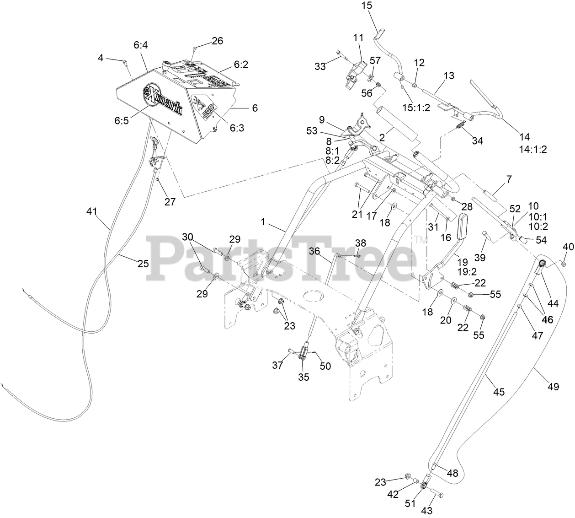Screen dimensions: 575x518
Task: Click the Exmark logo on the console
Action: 163,98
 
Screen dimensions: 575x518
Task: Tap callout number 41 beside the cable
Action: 92,211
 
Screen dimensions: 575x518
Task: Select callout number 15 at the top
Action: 367,6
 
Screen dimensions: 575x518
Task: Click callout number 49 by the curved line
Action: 553,387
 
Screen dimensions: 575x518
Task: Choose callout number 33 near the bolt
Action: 320,66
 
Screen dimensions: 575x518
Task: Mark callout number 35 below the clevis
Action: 303,377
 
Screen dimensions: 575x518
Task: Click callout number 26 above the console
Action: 217,41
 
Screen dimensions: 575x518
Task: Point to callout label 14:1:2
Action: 533,149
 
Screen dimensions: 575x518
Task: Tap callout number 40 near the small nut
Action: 568,247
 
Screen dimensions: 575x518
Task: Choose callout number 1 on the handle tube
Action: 263,221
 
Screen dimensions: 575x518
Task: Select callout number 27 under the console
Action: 170,201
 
